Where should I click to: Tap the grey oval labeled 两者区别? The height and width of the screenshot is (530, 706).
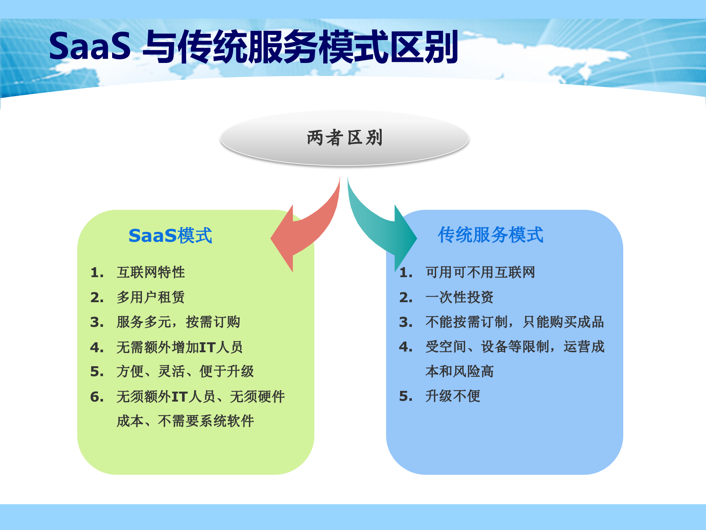coord(345,138)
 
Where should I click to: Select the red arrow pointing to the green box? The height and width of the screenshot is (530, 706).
coord(307,232)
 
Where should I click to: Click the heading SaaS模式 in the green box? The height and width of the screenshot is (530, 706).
coord(170,236)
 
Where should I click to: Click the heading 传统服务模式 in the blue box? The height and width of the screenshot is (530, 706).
coord(490,235)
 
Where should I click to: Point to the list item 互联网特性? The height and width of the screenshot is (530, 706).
coord(151,272)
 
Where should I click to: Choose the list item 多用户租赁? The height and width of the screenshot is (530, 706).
coord(151,297)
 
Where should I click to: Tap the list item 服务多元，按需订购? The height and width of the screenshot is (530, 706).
coord(178,322)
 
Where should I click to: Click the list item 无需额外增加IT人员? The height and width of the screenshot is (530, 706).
coord(179,347)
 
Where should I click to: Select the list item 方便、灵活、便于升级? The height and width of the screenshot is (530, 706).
coord(185,371)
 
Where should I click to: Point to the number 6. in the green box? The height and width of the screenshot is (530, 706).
coord(97,397)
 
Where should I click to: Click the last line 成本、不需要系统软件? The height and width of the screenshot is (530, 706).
coord(185,421)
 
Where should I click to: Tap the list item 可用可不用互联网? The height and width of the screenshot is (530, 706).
coord(480,272)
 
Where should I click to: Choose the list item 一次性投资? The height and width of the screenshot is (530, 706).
coord(459,297)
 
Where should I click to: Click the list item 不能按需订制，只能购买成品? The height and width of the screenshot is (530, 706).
coord(514,322)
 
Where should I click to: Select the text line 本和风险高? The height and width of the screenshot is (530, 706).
coord(459,371)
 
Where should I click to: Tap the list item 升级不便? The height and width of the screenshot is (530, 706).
coord(453,396)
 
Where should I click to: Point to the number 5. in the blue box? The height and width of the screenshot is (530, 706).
coord(406,396)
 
